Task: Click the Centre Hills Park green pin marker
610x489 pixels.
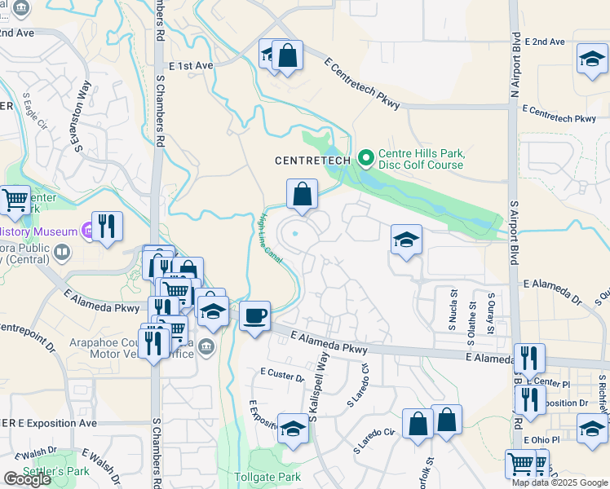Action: pos(366,155)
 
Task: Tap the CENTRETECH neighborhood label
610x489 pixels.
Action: pos(312,160)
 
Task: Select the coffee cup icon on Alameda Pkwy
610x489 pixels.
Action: pos(255,315)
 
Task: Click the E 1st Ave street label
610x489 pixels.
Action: pos(191,65)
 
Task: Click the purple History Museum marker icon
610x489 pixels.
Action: pos(86,231)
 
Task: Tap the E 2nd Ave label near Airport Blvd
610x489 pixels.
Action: pos(546,42)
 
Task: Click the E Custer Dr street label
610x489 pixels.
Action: pos(281,375)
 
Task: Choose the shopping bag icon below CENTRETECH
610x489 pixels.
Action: pos(302,196)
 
